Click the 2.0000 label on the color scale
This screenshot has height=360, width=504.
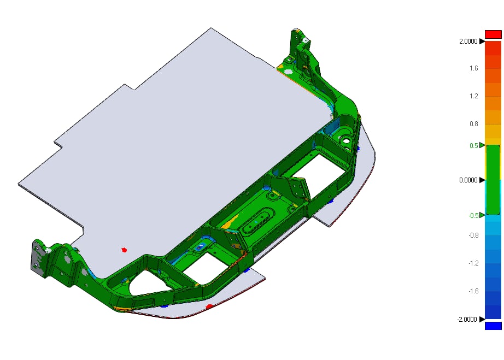coord(468,42)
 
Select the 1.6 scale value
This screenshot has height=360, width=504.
coord(474,68)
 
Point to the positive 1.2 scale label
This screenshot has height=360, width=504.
coord(474,96)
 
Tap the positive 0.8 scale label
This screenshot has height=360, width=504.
coord(474,124)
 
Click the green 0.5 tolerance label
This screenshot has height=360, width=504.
coord(474,146)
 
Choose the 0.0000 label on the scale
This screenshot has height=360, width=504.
coord(468,180)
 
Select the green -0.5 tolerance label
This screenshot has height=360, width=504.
coord(473,215)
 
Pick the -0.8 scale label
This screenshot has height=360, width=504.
coord(473,235)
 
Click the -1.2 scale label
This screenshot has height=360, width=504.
coord(473,263)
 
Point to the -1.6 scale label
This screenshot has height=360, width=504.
coord(473,291)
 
